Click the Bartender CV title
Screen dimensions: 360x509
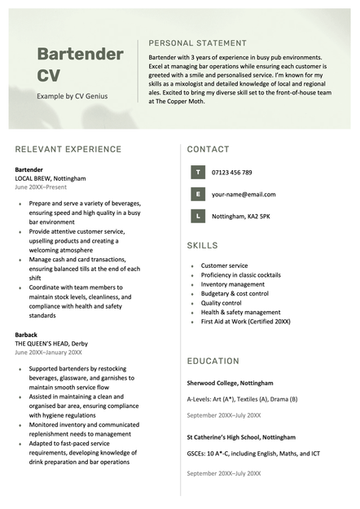pyautogui.click(x=80, y=65)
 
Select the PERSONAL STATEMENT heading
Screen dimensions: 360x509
pyautogui.click(x=197, y=43)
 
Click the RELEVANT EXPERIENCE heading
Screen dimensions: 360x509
pyautogui.click(x=68, y=149)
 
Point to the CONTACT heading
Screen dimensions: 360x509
pyautogui.click(x=208, y=149)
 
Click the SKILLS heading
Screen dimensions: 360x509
pyautogui.click(x=202, y=245)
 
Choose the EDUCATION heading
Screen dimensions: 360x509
pyautogui.click(x=213, y=361)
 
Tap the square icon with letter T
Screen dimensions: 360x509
pyautogui.click(x=197, y=173)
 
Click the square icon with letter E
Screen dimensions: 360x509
pyautogui.click(x=197, y=195)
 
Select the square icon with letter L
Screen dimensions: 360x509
pyautogui.click(x=197, y=217)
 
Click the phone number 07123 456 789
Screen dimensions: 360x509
pyautogui.click(x=232, y=173)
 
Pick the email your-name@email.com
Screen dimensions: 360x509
pyautogui.click(x=244, y=195)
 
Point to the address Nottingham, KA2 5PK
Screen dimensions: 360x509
pyautogui.click(x=241, y=217)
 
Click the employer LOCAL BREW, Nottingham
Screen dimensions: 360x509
pyautogui.click(x=50, y=178)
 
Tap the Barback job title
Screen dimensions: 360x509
pyautogui.click(x=26, y=335)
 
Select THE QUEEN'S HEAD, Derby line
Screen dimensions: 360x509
pyautogui.click(x=53, y=344)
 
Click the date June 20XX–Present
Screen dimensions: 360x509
pyautogui.click(x=41, y=186)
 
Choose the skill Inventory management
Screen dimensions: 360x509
pyautogui.click(x=233, y=284)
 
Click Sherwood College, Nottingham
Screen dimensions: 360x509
pyautogui.click(x=230, y=383)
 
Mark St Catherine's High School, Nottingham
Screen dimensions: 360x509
pyautogui.click(x=241, y=437)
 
